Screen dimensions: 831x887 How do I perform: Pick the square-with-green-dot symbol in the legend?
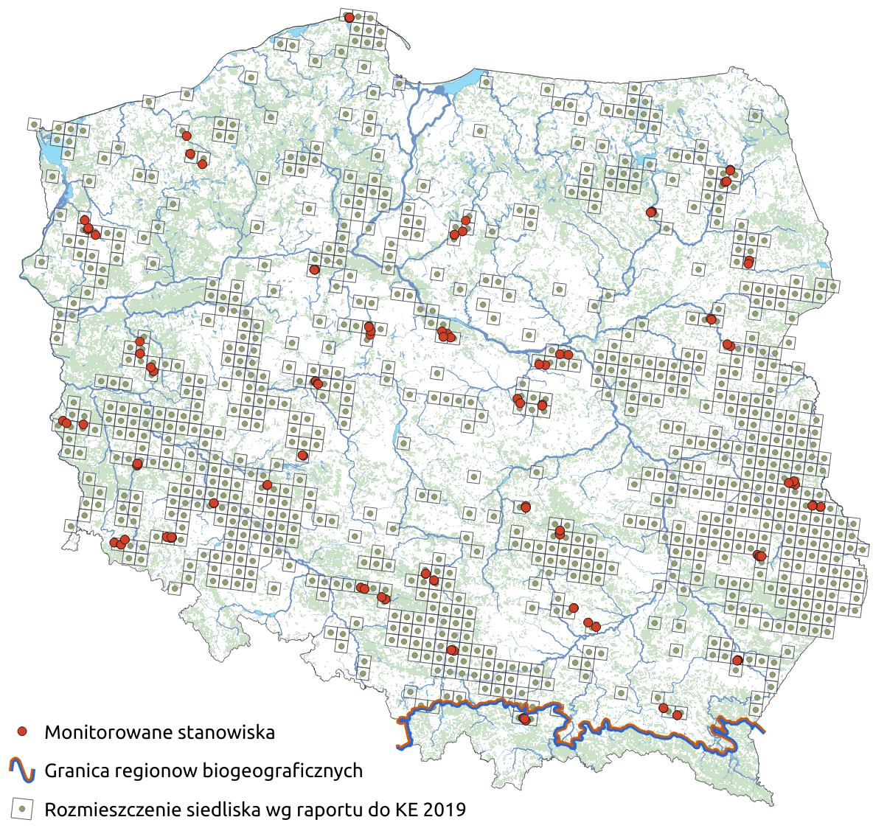[x=23, y=809]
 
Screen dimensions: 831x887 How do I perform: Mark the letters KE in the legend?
[x=403, y=810]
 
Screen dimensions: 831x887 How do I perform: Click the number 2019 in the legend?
[x=445, y=810]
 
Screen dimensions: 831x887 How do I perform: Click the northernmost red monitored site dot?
[x=349, y=17]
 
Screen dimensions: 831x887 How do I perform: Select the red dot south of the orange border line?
[x=524, y=719]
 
